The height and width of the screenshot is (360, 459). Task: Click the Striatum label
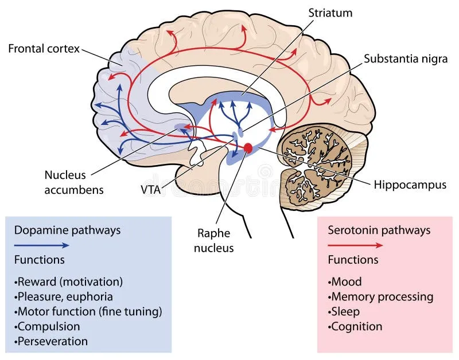coord(330,13)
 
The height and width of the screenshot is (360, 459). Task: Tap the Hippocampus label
coord(410,185)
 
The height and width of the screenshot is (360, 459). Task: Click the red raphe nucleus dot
coord(248,148)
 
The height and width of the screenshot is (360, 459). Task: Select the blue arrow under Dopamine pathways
coord(41,245)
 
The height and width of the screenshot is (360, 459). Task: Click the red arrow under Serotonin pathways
coord(355,245)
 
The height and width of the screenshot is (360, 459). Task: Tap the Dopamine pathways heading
coord(67,230)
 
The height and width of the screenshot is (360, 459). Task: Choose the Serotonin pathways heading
coord(379,230)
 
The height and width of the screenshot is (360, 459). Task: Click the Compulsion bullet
coord(49,327)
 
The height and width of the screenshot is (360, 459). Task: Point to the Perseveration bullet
coord(52,342)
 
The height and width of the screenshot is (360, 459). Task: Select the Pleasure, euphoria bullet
coord(64,297)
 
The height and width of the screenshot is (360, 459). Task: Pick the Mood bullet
coord(345,282)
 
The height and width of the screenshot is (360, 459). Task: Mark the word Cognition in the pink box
coord(356,327)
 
